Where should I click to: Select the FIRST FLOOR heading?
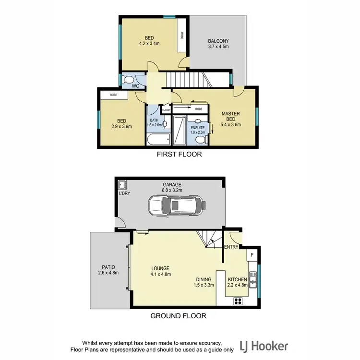tap(180, 155)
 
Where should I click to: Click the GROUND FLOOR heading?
tap(179, 316)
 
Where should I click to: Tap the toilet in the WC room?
tap(128, 80)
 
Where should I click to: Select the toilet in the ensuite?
tap(203, 140)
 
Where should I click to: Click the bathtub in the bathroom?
tap(158, 140)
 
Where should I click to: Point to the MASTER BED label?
tap(230, 116)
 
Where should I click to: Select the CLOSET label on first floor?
tap(166, 110)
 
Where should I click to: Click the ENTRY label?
tap(231, 247)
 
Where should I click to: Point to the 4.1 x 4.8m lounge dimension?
tap(161, 275)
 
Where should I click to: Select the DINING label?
tap(204, 279)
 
